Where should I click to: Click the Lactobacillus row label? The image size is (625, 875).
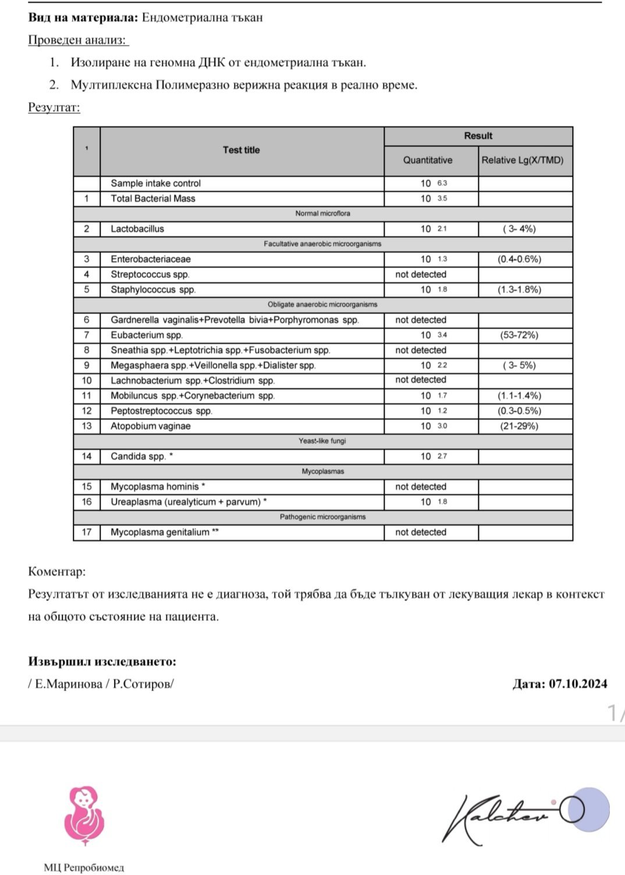click(137, 229)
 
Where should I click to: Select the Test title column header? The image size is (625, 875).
click(241, 150)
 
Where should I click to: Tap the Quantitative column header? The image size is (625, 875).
click(428, 160)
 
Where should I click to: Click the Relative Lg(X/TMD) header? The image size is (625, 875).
click(523, 160)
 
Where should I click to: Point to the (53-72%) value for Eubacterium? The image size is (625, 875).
click(519, 335)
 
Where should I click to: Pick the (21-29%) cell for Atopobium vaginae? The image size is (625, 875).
click(519, 426)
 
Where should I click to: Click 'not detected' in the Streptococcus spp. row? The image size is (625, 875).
click(421, 274)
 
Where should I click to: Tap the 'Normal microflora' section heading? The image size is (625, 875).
click(322, 214)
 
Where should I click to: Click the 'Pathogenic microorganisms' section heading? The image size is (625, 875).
click(322, 517)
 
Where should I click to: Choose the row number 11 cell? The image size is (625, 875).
click(87, 396)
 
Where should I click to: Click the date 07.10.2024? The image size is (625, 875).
click(577, 684)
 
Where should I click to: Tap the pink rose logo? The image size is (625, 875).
click(84, 815)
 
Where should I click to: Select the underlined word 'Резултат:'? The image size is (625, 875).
click(54, 108)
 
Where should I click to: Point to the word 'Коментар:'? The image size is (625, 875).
click(57, 571)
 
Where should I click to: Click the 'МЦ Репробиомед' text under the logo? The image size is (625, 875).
click(84, 867)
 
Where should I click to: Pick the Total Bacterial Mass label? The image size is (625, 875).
click(153, 198)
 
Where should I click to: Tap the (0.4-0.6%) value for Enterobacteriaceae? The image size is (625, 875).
click(519, 259)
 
